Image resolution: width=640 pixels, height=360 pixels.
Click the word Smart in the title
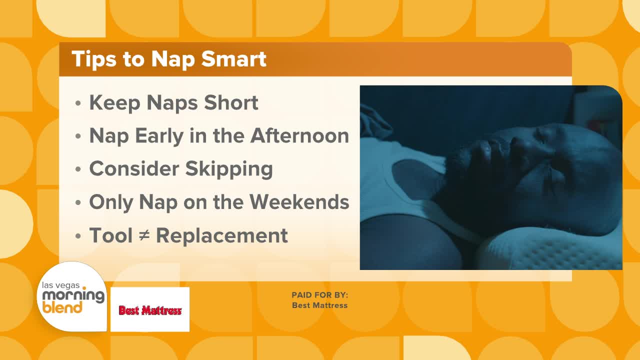[x=233, y=59]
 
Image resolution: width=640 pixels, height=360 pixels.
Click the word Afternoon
[x=299, y=135]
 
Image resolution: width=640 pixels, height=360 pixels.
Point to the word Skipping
[x=229, y=169]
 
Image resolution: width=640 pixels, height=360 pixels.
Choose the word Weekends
[x=299, y=201]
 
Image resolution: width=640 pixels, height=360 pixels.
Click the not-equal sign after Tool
[x=144, y=235]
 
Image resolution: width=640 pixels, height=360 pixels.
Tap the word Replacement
[x=222, y=236]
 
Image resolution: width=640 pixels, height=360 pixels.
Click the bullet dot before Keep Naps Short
[x=78, y=103]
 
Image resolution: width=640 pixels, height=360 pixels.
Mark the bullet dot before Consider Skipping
[x=78, y=169]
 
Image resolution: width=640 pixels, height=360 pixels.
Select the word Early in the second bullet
[x=159, y=136]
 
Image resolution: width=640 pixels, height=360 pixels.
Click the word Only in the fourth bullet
[x=111, y=202]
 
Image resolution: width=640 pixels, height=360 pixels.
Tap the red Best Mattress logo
[x=150, y=310]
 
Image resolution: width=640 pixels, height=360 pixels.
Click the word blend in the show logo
[x=62, y=307]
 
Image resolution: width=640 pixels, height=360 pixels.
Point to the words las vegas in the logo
[x=61, y=285]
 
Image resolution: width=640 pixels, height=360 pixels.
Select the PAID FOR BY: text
[x=319, y=295]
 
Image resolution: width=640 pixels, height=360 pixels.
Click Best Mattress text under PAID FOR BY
[x=319, y=305]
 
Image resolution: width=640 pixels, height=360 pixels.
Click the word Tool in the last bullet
[x=111, y=235]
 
